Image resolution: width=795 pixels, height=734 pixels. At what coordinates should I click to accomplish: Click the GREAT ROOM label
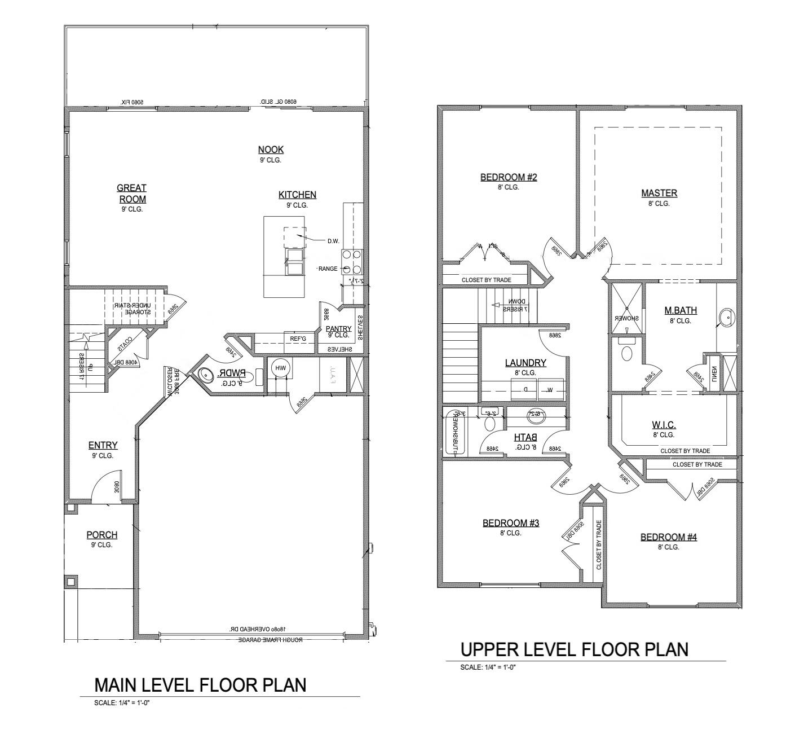click(131, 194)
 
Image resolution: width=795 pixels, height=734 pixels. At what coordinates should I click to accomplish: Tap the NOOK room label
click(271, 150)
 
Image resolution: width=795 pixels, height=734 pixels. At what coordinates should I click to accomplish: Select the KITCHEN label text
click(297, 195)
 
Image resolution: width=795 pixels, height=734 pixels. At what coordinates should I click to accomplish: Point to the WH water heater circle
click(280, 368)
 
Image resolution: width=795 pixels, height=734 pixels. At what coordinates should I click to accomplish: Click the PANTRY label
click(338, 329)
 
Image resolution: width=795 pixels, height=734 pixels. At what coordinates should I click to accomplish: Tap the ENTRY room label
click(103, 445)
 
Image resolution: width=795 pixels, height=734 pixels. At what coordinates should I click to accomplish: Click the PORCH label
click(102, 535)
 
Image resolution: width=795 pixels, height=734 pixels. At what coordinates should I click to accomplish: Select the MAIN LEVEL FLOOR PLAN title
click(200, 685)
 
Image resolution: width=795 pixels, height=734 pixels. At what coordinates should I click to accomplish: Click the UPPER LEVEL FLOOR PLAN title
click(575, 649)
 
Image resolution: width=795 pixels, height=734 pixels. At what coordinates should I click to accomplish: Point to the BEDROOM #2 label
click(508, 177)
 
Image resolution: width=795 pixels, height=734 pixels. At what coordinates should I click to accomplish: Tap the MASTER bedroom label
click(659, 193)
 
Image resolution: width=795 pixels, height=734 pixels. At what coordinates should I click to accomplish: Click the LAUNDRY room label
click(525, 363)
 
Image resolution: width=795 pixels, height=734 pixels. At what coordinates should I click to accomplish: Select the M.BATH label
click(680, 310)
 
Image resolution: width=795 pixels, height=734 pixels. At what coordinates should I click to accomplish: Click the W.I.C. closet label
click(663, 425)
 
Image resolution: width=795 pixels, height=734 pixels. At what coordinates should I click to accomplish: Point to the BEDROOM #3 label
click(510, 523)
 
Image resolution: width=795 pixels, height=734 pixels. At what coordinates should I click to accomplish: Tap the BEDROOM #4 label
click(668, 537)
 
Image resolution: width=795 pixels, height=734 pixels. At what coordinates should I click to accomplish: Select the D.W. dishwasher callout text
click(333, 241)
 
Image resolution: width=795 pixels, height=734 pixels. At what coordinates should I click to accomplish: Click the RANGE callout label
click(328, 269)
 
